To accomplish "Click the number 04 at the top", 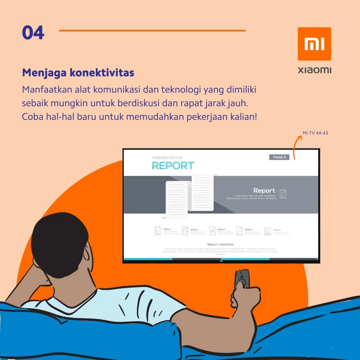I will [x=33, y=33].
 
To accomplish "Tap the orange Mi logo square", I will [x=314, y=44].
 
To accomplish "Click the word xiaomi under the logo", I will [x=314, y=70].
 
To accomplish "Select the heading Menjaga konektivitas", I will [x=78, y=73].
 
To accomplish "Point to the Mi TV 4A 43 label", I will [x=315, y=133].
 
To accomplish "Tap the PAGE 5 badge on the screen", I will [x=279, y=157].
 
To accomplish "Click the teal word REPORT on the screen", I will [x=173, y=166].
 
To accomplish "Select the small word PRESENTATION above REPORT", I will [x=167, y=158].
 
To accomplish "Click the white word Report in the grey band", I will [x=264, y=190].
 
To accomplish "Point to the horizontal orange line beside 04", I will [x=152, y=31].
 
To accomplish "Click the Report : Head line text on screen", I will [x=220, y=244].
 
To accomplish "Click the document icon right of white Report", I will [x=283, y=194].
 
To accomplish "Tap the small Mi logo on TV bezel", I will [x=221, y=261].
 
